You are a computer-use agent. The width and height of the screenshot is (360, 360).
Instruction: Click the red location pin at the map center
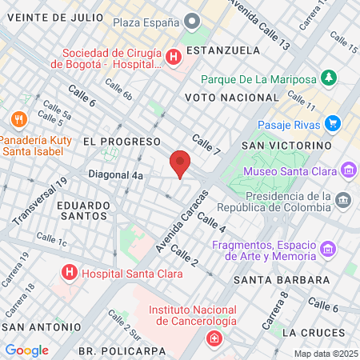pyautogui.click(x=181, y=164)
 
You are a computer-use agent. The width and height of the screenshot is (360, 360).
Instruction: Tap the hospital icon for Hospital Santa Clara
pyautogui.click(x=70, y=273)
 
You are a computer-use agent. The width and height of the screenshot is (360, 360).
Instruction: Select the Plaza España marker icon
pyautogui.click(x=191, y=22)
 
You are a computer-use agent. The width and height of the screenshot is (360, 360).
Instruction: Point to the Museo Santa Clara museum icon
pyautogui.click(x=348, y=170)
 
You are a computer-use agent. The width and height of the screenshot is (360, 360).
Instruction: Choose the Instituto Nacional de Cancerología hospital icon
pyautogui.click(x=214, y=339)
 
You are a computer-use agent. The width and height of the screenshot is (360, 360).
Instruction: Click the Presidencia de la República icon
pyautogui.click(x=342, y=198)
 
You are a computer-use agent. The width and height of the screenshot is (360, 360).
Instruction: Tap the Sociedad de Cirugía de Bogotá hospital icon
pyautogui.click(x=174, y=57)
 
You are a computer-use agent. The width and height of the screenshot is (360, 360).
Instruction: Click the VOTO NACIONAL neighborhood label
pyautogui.click(x=223, y=97)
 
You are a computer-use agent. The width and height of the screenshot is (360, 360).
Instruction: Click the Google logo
pyautogui.click(x=27, y=350)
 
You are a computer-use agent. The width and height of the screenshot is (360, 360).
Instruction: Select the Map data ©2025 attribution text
pyautogui.click(x=326, y=354)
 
